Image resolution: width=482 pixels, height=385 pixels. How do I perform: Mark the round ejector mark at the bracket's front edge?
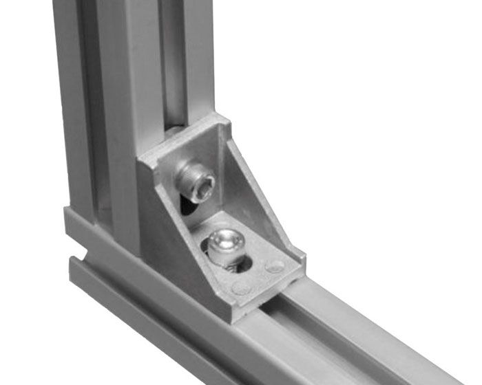pos(241,287)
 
